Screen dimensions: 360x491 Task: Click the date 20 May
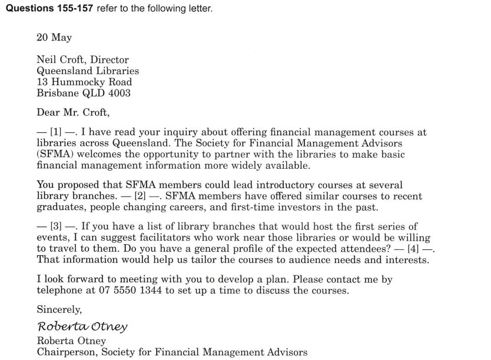(x=54, y=38)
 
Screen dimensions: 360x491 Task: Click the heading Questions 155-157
(x=44, y=9)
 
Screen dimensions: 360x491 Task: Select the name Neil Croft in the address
(x=58, y=59)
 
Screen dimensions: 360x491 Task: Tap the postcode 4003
(x=120, y=93)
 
